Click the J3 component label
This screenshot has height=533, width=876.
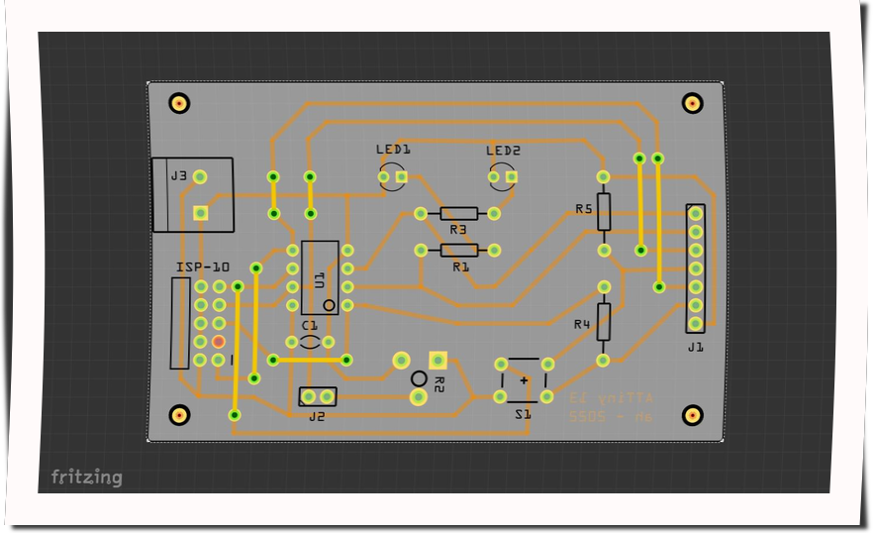(178, 176)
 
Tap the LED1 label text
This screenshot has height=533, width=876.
(393, 151)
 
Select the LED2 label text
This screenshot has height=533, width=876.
(503, 151)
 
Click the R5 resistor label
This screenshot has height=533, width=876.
(583, 209)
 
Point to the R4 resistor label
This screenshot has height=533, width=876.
(582, 324)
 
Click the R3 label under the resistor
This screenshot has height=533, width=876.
(457, 230)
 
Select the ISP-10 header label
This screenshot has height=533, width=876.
(203, 267)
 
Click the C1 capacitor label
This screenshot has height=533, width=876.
(310, 325)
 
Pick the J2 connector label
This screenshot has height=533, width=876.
(317, 417)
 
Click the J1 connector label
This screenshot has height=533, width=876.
(695, 348)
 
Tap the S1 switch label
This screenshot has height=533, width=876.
(523, 415)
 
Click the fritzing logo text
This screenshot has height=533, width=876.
(87, 478)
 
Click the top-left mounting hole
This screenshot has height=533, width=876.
(179, 103)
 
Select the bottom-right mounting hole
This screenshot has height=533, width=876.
(694, 415)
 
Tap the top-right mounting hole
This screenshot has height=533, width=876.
(693, 102)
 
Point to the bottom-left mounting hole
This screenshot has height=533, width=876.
(179, 415)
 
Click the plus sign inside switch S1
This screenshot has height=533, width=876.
(524, 379)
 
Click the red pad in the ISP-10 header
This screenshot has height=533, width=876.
(219, 342)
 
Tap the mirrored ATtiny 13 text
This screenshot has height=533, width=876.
(612, 397)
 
